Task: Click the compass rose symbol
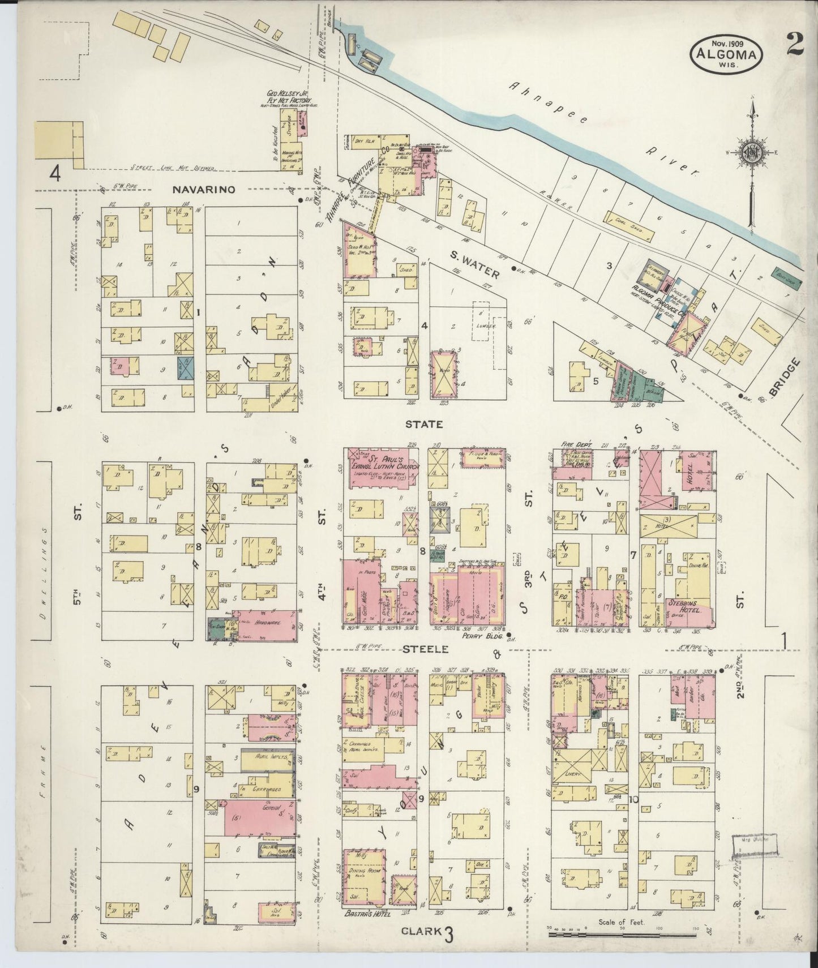coord(750,152)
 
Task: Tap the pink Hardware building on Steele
coord(263,625)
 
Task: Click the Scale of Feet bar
coord(627,933)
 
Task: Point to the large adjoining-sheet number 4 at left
coord(54,173)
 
